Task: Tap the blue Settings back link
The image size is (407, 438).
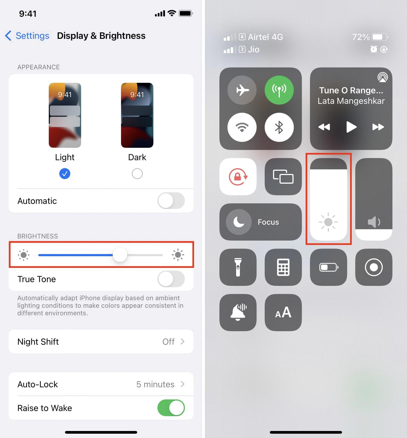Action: click(x=27, y=36)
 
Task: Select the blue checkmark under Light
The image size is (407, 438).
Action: click(x=65, y=174)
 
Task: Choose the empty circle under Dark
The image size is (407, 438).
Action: click(x=137, y=174)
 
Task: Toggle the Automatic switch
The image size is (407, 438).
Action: click(x=171, y=201)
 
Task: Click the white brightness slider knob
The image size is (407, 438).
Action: click(x=120, y=255)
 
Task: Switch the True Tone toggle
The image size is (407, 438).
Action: click(x=171, y=279)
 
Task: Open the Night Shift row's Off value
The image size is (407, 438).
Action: click(x=168, y=342)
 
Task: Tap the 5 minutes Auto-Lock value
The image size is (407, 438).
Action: click(x=155, y=384)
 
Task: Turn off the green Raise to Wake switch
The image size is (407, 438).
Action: click(x=171, y=408)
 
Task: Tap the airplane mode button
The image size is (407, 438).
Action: click(x=242, y=90)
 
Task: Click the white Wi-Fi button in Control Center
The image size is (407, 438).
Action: click(x=242, y=127)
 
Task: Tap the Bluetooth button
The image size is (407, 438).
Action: click(x=279, y=127)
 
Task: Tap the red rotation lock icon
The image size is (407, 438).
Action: click(x=238, y=177)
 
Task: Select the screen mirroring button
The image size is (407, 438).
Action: click(x=283, y=177)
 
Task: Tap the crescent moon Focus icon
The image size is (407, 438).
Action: click(x=239, y=222)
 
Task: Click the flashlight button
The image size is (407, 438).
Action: click(x=238, y=267)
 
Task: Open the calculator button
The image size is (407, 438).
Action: click(x=283, y=267)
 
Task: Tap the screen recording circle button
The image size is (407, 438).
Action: click(x=374, y=267)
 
